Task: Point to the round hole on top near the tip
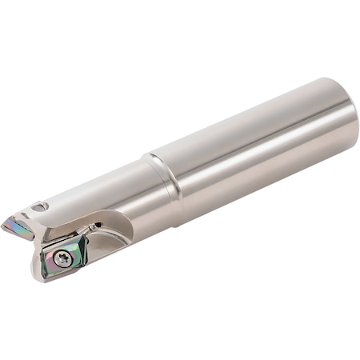point(40,207)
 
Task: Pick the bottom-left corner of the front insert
point(50,272)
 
